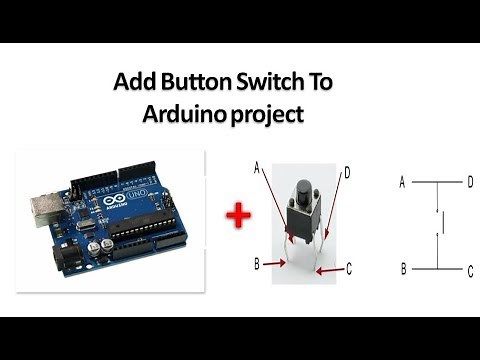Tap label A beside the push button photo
pos(257,169)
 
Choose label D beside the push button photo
pos(346,172)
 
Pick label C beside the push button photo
pos(349,268)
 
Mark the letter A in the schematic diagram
pos(402,183)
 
